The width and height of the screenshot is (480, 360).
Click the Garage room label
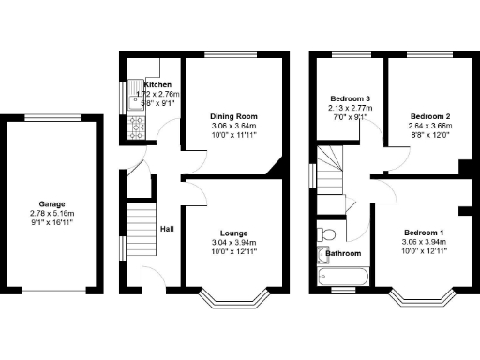point(52,203)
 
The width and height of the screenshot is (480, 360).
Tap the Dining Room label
point(233,116)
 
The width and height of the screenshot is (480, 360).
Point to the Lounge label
point(233,232)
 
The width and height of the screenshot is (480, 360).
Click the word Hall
point(166,229)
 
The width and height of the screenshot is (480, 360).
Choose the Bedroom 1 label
point(425,232)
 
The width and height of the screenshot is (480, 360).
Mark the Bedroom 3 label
point(351,98)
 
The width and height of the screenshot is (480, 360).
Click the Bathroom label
point(343,252)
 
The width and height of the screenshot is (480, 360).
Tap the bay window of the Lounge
point(233,300)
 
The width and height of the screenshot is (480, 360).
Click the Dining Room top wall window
point(233,55)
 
